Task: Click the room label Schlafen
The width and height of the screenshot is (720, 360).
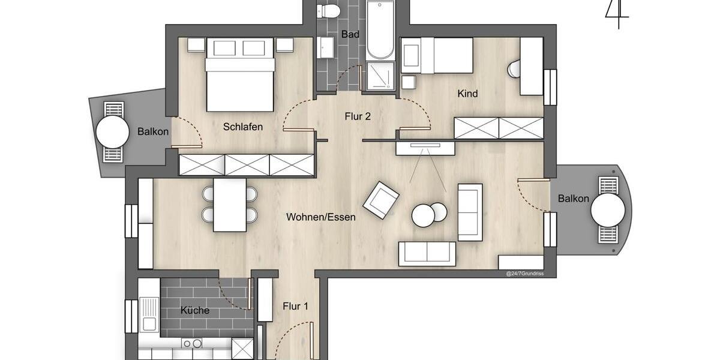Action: click(x=243, y=127)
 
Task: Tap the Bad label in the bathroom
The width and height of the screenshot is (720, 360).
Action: click(x=350, y=34)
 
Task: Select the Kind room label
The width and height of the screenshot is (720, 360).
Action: click(x=467, y=94)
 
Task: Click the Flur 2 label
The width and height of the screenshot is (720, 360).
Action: click(x=357, y=116)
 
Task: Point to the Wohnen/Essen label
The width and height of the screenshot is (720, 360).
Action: click(x=320, y=217)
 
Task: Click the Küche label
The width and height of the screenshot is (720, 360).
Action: click(x=195, y=310)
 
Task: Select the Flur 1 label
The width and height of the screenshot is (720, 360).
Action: click(x=295, y=307)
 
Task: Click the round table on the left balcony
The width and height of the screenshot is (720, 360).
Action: click(x=112, y=131)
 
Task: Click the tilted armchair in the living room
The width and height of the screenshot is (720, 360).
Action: click(x=382, y=200)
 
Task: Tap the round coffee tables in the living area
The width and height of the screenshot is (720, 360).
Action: click(x=429, y=214)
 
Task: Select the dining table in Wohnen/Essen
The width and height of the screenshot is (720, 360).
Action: click(x=230, y=205)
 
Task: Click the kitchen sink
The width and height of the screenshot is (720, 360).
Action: click(x=149, y=324)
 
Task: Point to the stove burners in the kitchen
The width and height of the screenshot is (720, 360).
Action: click(x=192, y=344)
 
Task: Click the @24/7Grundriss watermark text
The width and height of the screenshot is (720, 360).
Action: click(x=524, y=273)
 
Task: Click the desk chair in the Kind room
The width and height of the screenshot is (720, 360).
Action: click(x=514, y=70)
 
